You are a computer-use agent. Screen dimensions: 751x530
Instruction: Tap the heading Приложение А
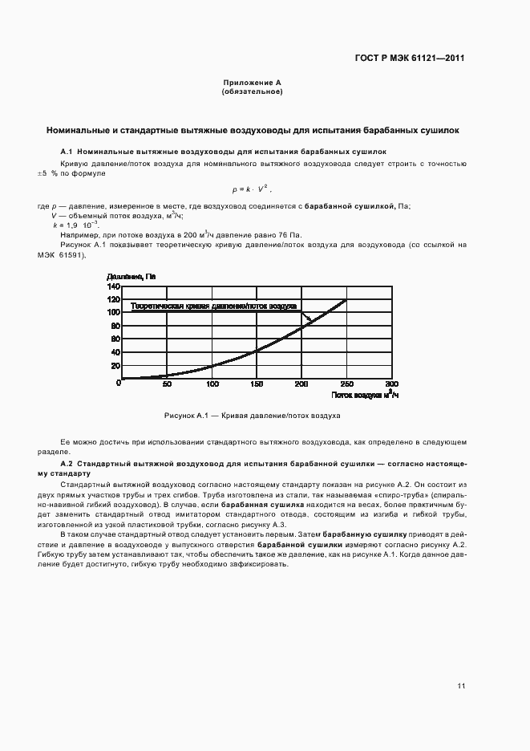tap(251, 83)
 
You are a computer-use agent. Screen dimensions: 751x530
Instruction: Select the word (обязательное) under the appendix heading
tap(251, 91)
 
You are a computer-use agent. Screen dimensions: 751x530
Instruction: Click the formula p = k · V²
tap(252, 189)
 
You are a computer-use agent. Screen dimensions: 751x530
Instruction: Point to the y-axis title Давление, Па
tap(131, 277)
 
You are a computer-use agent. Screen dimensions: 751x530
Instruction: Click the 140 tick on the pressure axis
tap(112, 286)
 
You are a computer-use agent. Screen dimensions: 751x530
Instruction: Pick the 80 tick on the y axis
tap(114, 326)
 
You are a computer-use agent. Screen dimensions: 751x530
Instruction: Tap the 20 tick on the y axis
tap(114, 365)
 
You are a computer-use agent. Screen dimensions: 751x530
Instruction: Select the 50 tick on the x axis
tap(167, 384)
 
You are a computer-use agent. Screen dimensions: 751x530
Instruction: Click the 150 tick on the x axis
tap(257, 384)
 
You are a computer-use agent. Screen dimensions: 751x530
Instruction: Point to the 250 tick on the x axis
tap(346, 384)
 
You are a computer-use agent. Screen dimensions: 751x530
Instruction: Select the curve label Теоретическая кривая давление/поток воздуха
tap(214, 306)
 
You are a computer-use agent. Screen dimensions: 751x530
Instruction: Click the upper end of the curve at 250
tap(346, 300)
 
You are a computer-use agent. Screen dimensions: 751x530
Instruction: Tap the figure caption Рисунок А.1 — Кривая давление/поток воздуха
tap(252, 416)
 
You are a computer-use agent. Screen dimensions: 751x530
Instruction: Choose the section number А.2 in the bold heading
tap(67, 464)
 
